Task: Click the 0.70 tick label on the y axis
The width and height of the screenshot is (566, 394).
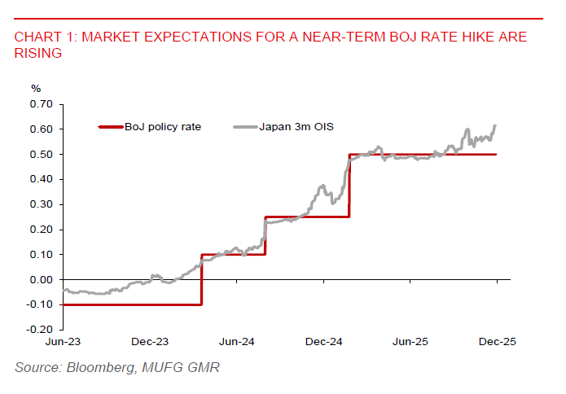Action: pyautogui.click(x=40, y=104)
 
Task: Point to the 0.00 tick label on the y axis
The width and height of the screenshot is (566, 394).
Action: pyautogui.click(x=40, y=279)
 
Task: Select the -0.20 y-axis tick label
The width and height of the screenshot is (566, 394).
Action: pyautogui.click(x=38, y=330)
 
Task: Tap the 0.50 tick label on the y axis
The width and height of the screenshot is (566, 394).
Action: pyautogui.click(x=40, y=155)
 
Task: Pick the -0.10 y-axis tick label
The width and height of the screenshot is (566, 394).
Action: pyautogui.click(x=38, y=304)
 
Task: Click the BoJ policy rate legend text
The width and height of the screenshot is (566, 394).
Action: pyautogui.click(x=163, y=127)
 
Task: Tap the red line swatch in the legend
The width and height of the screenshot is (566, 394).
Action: pyautogui.click(x=109, y=127)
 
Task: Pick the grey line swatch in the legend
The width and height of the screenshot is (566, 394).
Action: pyautogui.click(x=245, y=127)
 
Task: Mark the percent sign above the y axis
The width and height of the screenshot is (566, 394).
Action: pyautogui.click(x=35, y=88)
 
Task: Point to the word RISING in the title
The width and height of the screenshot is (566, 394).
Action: pyautogui.click(x=37, y=53)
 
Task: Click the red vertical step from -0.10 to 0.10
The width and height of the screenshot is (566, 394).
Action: pyautogui.click(x=201, y=279)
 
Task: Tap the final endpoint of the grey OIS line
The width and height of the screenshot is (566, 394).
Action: pyautogui.click(x=496, y=125)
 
